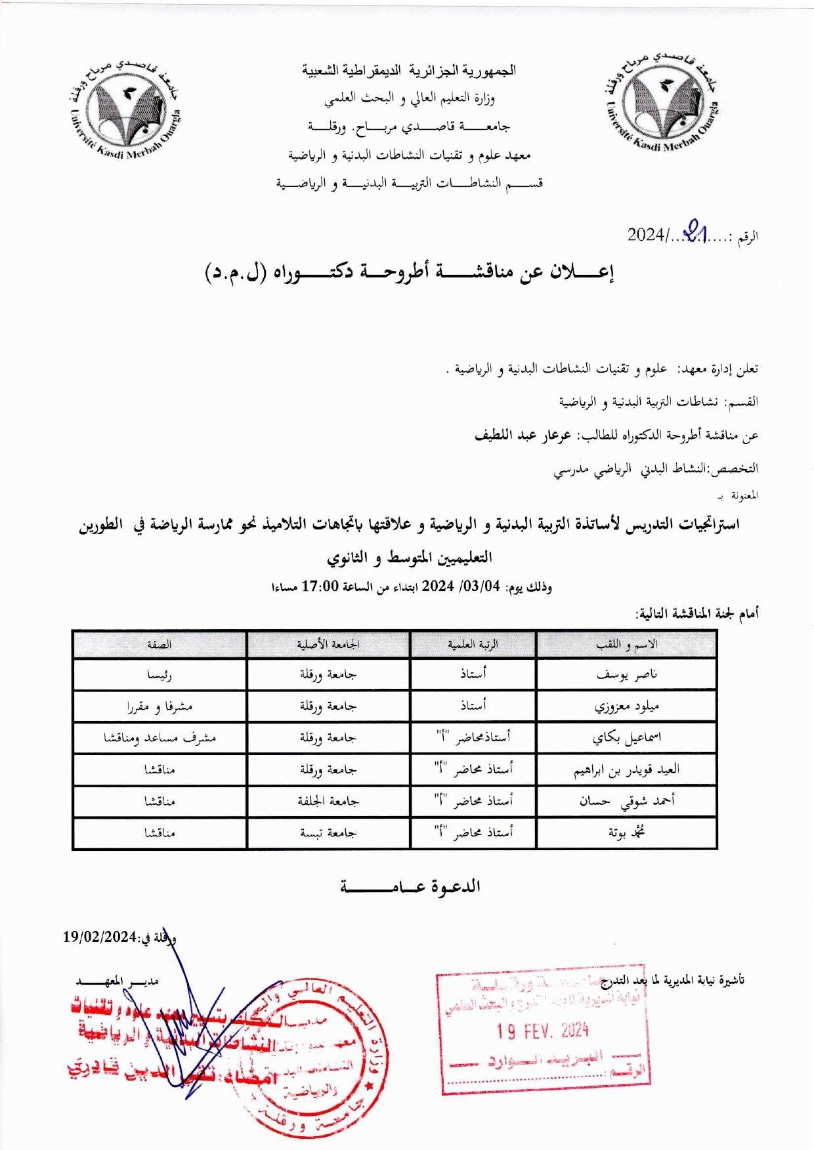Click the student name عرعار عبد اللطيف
click(523, 435)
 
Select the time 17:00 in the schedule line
click(320, 586)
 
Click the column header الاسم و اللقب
click(626, 645)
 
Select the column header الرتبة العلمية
click(473, 645)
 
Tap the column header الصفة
click(160, 645)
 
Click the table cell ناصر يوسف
click(626, 674)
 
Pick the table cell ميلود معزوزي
click(626, 707)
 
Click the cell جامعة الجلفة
click(328, 802)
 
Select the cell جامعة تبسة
click(328, 833)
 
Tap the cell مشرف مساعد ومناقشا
click(160, 738)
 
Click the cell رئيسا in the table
click(160, 674)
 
